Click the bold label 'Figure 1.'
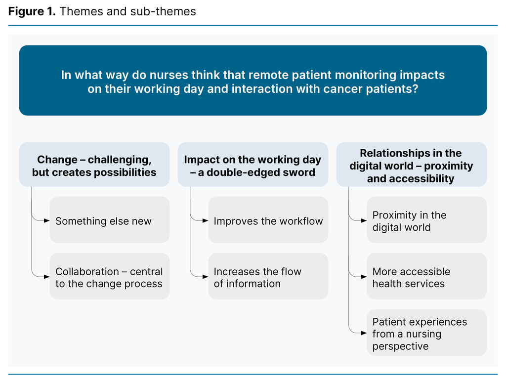pyautogui.click(x=32, y=11)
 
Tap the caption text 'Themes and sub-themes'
pyautogui.click(x=127, y=11)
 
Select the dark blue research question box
pyautogui.click(x=253, y=81)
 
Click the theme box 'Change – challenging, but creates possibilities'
pyautogui.click(x=94, y=165)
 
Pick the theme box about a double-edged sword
pyautogui.click(x=253, y=165)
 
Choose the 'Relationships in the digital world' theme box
pyautogui.click(x=411, y=165)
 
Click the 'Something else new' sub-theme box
pyautogui.click(x=110, y=220)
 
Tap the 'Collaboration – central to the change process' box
pyautogui.click(x=110, y=276)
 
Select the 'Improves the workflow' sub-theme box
pyautogui.click(x=268, y=220)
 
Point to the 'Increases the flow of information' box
pyautogui.click(x=268, y=276)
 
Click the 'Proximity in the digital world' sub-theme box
pyautogui.click(x=426, y=220)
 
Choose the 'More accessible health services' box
pyautogui.click(x=426, y=276)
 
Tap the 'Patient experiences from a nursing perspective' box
pyautogui.click(x=426, y=333)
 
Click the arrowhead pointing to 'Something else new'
pyautogui.click(x=47, y=220)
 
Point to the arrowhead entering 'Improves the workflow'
pyautogui.click(x=206, y=220)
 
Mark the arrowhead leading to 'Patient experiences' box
pyautogui.click(x=364, y=333)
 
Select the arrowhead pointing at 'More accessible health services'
pyautogui.click(x=364, y=277)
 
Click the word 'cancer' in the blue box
pyautogui.click(x=340, y=89)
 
